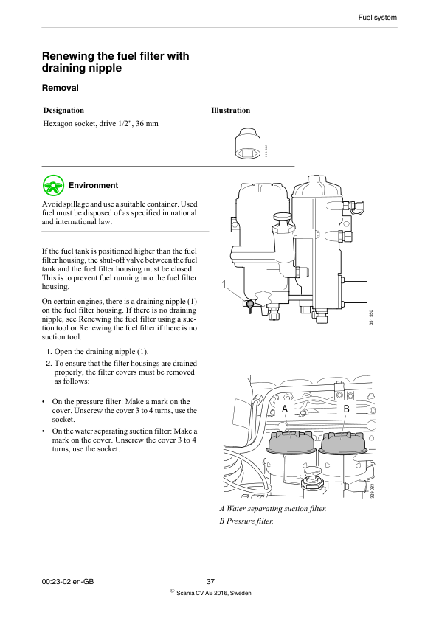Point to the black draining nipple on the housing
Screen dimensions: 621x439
(x=250, y=303)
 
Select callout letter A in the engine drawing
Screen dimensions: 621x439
(x=284, y=408)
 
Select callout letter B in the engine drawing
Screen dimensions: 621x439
(x=345, y=408)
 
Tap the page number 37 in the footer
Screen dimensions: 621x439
(x=210, y=582)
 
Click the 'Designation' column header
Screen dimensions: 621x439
(x=63, y=111)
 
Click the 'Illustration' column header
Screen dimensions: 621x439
(x=230, y=111)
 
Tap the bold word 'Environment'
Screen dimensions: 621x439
(x=93, y=185)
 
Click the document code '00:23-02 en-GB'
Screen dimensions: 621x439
(x=68, y=582)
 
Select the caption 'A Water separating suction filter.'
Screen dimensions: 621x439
(x=272, y=509)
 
